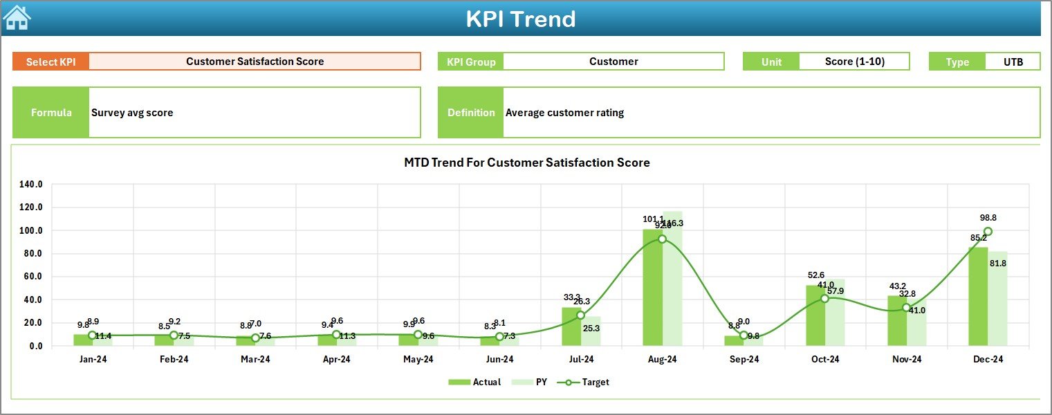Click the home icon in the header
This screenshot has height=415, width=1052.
coord(17,17)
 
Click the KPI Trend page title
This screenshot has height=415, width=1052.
coord(520,19)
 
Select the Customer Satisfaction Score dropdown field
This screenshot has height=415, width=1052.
coord(255,62)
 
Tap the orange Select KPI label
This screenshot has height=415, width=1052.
coord(51,62)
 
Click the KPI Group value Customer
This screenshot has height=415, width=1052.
coord(613,62)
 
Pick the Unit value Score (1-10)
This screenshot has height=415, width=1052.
coord(855,62)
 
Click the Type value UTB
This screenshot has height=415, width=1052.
coord(1013,62)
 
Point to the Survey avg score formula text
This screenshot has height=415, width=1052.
coord(132,113)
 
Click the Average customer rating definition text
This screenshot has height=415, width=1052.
coord(564,113)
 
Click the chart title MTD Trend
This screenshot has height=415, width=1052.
coord(526,163)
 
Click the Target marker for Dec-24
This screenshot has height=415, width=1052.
coord(988,232)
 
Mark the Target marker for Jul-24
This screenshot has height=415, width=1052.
coord(581,315)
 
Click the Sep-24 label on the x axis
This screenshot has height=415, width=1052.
coord(744,360)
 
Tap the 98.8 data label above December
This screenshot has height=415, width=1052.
coord(988,218)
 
